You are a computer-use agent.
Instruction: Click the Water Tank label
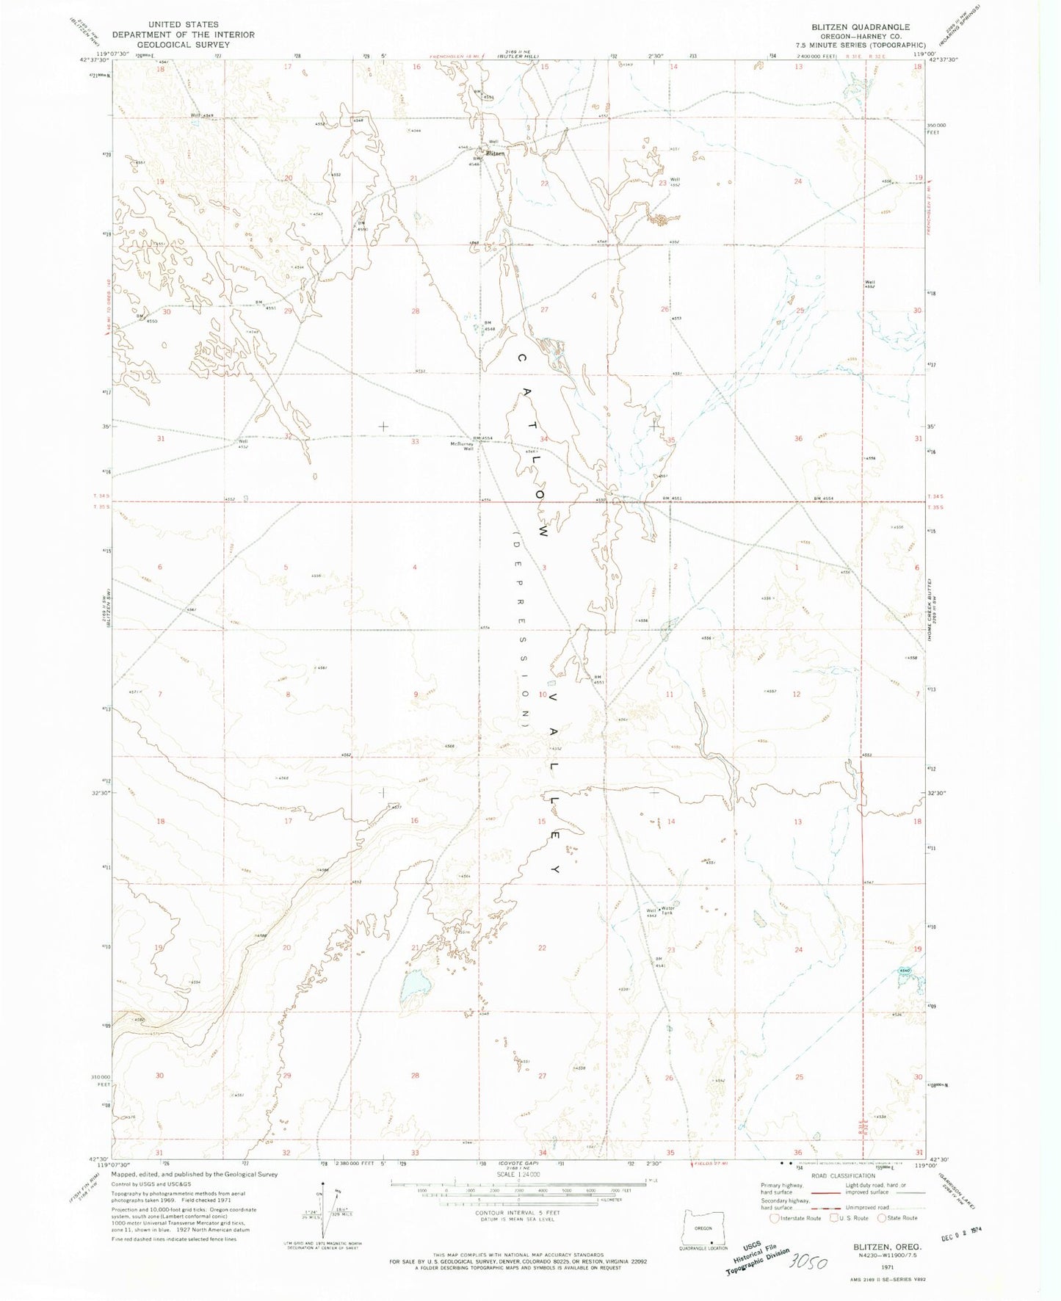tap(667, 910)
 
